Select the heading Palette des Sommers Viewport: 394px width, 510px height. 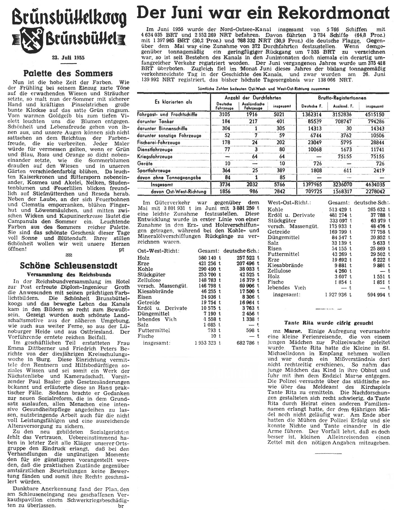pyautogui.click(x=68, y=74)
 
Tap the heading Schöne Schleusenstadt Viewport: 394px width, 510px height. pyautogui.click(x=69, y=266)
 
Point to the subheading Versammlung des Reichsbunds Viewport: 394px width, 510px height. pyautogui.click(x=69, y=275)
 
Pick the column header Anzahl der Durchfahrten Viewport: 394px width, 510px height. pyautogui.click(x=253, y=98)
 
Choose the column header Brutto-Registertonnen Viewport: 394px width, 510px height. pyautogui.click(x=342, y=98)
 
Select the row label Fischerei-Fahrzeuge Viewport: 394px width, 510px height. pyautogui.click(x=159, y=142)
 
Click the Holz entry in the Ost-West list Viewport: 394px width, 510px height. pyautogui.click(x=144, y=258)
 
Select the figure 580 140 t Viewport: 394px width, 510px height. pyautogui.click(x=209, y=258)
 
